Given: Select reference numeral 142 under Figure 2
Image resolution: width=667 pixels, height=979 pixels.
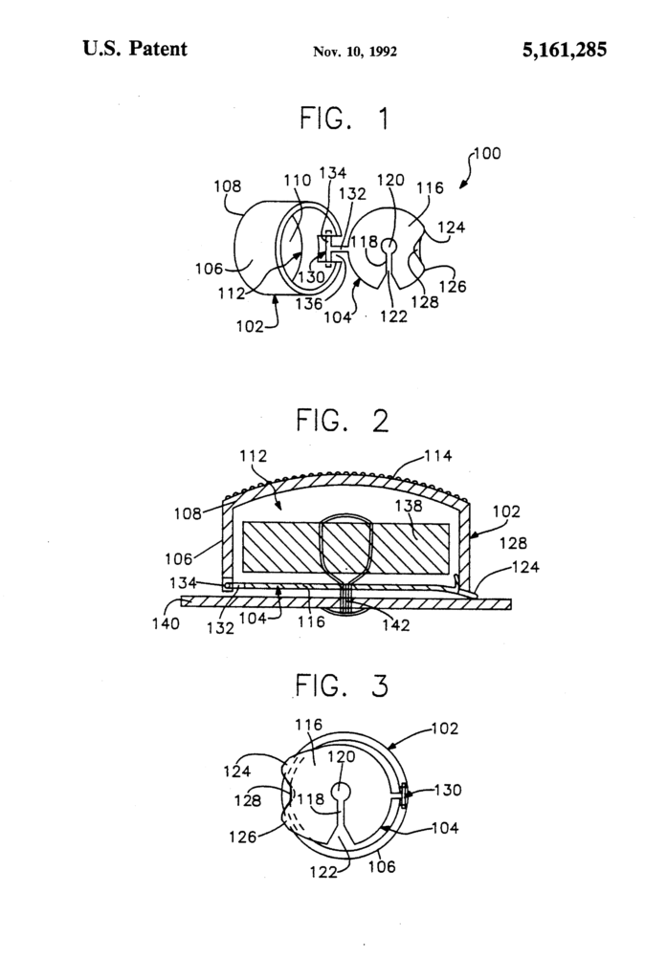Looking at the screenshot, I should tap(393, 625).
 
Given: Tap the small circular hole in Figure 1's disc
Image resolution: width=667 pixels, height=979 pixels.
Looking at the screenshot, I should tap(389, 246).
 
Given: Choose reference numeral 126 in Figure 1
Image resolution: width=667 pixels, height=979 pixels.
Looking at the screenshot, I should tap(448, 284).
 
